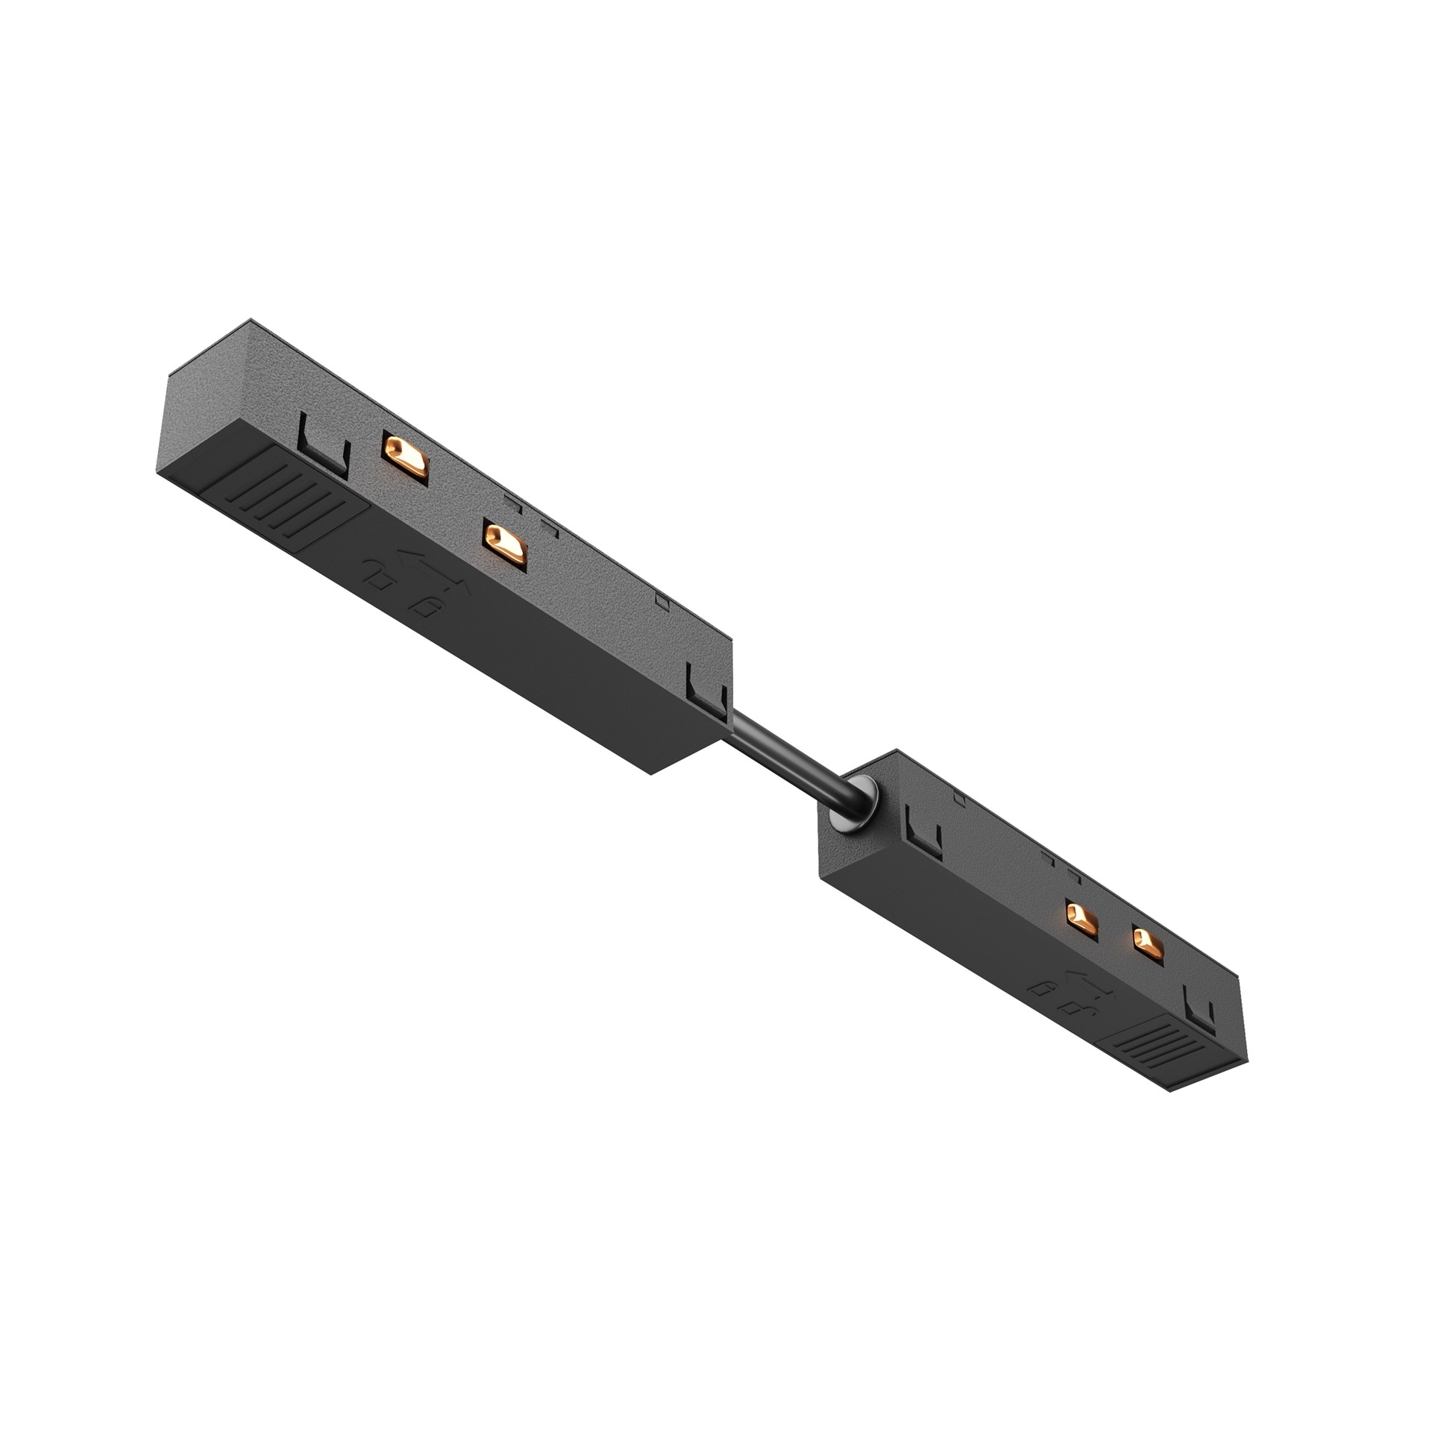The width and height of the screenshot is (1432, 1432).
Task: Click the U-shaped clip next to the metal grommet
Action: coord(922,829)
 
